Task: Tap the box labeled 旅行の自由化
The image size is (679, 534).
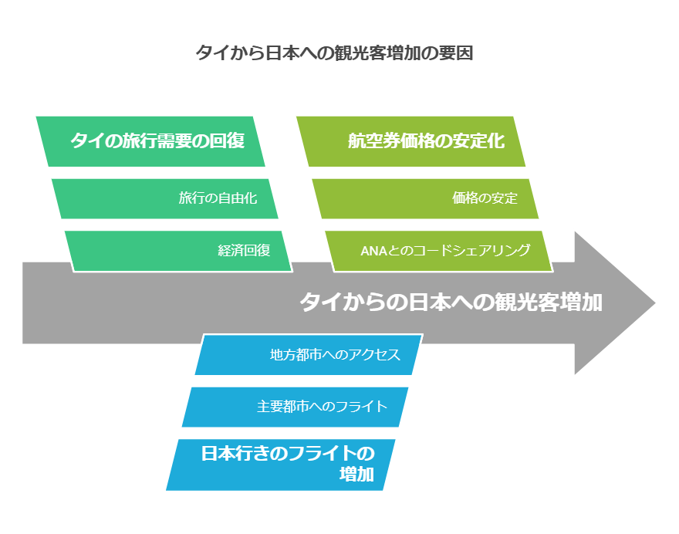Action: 165,198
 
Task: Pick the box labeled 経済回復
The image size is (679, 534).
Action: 178,251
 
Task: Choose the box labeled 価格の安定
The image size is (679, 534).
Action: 425,198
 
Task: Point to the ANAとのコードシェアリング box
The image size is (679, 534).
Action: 439,251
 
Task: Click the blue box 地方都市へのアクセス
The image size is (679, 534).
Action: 309,355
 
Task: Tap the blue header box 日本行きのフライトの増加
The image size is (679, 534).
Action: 281,465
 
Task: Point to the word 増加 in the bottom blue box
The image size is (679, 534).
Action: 356,475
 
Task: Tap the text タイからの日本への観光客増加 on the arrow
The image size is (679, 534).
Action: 451,302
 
